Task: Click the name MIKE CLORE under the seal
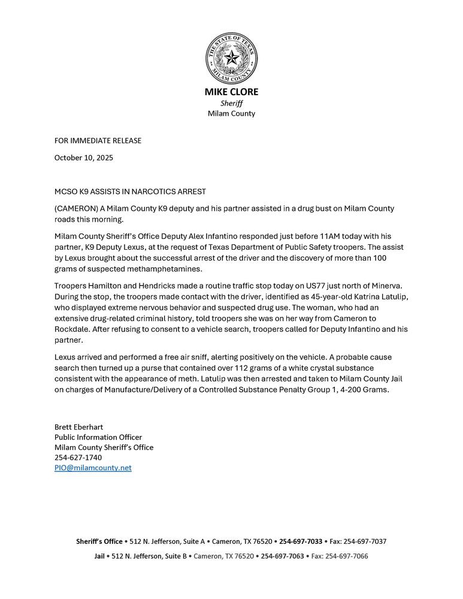point(231,92)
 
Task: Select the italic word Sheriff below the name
point(231,103)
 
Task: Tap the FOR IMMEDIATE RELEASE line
point(98,141)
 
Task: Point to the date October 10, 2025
point(83,158)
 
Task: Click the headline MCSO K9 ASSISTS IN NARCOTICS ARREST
point(130,192)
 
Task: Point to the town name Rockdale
point(72,329)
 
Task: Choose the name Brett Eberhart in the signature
point(78,427)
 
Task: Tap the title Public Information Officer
point(98,437)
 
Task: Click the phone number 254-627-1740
point(78,458)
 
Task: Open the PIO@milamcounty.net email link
point(93,468)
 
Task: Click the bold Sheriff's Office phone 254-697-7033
point(301,541)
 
